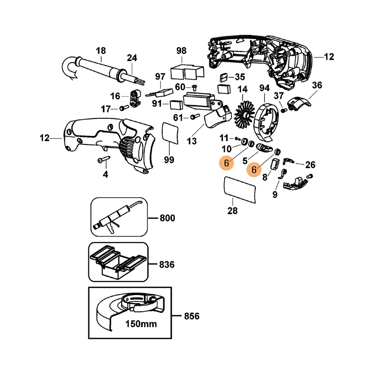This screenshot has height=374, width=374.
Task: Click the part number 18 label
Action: pyautogui.click(x=101, y=51)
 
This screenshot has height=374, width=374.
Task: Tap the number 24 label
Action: pyautogui.click(x=132, y=58)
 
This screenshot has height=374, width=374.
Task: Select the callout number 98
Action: pyautogui.click(x=181, y=51)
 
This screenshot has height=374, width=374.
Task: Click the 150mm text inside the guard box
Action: pyautogui.click(x=141, y=324)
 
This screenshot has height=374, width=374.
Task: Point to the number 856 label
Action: pyautogui.click(x=192, y=316)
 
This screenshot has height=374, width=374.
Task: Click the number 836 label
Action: pyautogui.click(x=166, y=265)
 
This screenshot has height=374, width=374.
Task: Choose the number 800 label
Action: pyautogui.click(x=167, y=218)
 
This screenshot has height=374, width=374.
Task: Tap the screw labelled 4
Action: pyautogui.click(x=103, y=160)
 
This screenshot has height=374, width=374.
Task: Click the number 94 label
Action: pyautogui.click(x=265, y=88)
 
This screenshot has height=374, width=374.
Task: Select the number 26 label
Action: pyautogui.click(x=310, y=165)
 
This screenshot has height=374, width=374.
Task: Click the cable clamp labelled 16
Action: pyautogui.click(x=136, y=98)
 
